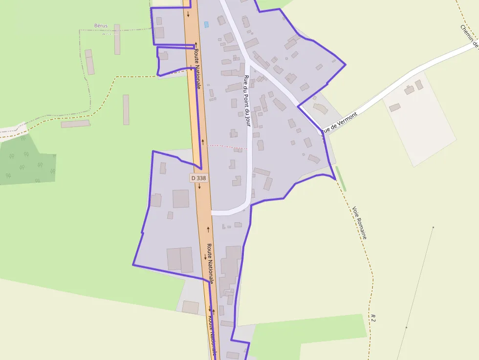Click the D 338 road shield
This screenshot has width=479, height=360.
click(x=199, y=178)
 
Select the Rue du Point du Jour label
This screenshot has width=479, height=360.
click(x=247, y=101)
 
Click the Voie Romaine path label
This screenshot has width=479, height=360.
click(x=359, y=222)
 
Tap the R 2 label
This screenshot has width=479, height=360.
click(x=373, y=317)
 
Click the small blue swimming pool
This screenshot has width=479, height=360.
click(x=206, y=24)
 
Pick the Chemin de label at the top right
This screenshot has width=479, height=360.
click(x=468, y=37)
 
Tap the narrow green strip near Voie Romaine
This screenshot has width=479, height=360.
click(x=341, y=179)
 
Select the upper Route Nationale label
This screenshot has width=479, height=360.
click(x=197, y=68)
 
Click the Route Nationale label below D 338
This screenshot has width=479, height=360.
click(x=210, y=262)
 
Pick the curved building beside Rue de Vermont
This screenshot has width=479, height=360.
click(x=320, y=108)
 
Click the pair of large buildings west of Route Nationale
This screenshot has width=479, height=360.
click(x=180, y=259)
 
